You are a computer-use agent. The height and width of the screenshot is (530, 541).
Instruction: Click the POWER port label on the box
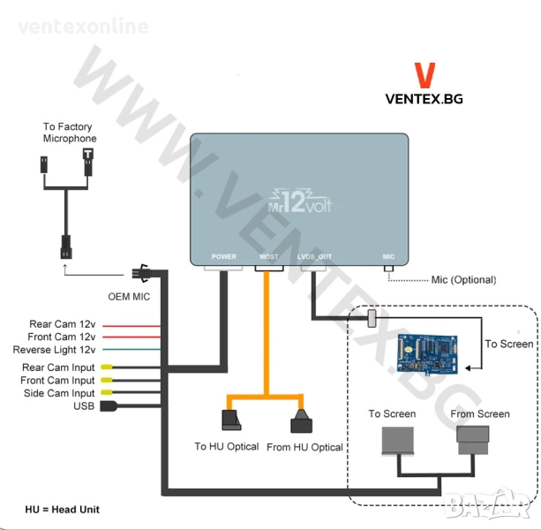click(x=224, y=257)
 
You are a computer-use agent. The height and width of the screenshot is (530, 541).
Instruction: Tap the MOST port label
click(x=269, y=257)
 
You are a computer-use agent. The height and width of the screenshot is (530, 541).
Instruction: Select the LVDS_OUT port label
click(x=314, y=257)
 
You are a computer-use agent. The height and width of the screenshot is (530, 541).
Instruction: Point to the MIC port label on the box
click(x=388, y=257)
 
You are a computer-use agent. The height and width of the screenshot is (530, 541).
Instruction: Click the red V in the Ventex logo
click(x=424, y=74)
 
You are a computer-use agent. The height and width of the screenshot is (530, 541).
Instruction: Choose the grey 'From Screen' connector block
click(x=474, y=437)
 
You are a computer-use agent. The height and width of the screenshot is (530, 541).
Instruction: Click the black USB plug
click(x=110, y=406)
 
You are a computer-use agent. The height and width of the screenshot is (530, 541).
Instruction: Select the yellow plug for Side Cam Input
click(x=106, y=392)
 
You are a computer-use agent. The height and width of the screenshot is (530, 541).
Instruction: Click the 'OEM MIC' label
click(x=128, y=297)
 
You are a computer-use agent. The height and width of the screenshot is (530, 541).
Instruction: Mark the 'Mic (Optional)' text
click(x=463, y=280)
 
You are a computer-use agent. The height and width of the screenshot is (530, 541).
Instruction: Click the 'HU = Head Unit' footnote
click(x=62, y=510)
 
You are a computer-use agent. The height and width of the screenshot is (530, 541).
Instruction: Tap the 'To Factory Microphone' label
click(x=70, y=133)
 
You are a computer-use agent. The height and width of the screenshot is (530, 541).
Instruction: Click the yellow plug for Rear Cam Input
click(x=106, y=367)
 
